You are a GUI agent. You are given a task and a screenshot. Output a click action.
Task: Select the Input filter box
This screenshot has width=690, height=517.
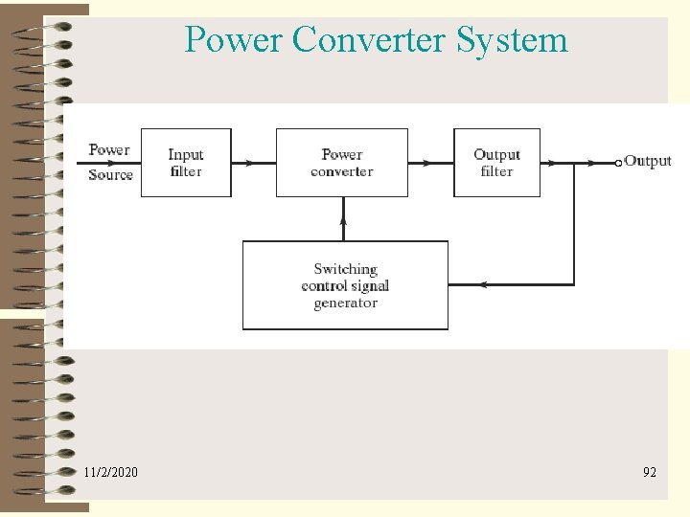pos(186,163)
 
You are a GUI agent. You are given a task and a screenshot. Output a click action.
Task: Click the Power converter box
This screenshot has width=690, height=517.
pos(342,163)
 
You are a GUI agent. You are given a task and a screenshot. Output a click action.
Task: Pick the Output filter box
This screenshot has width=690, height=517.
pos(496,163)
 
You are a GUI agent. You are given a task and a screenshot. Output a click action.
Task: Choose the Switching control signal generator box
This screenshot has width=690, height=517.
pos(345,285)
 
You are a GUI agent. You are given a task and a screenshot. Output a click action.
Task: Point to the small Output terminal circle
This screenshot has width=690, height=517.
pos(618,163)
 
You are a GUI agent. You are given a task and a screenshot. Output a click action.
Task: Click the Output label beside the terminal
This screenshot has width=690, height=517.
pos(648,161)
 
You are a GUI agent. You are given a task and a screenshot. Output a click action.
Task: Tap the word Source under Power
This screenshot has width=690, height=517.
pos(110,174)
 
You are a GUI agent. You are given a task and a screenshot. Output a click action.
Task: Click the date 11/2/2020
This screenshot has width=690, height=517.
pos(110,472)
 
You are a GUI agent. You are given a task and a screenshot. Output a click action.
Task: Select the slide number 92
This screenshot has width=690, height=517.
pos(650,472)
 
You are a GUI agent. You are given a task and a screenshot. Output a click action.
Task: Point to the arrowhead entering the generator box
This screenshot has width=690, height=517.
pos(484,284)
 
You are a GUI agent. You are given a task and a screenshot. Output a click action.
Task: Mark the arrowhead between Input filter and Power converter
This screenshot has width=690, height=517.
pos(250,163)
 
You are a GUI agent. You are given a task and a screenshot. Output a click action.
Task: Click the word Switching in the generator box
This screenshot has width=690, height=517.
pos(345,269)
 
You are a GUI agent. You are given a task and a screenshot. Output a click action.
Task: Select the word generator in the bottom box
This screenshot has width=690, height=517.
pos(345,303)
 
